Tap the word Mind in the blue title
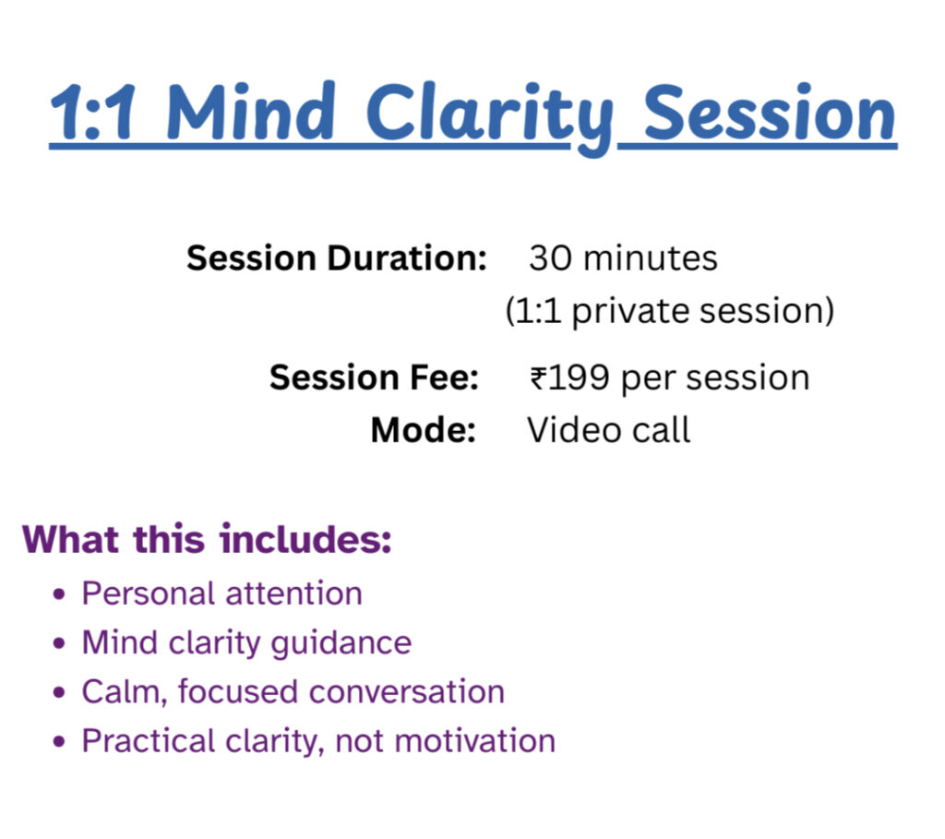tap(252, 114)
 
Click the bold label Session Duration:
tap(336, 258)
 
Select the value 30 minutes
tap(623, 258)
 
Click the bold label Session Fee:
tap(374, 378)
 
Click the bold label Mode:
tap(423, 430)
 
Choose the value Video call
tap(608, 430)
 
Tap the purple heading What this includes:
tap(207, 539)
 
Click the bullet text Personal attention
tap(221, 593)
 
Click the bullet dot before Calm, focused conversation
tap(60, 693)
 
